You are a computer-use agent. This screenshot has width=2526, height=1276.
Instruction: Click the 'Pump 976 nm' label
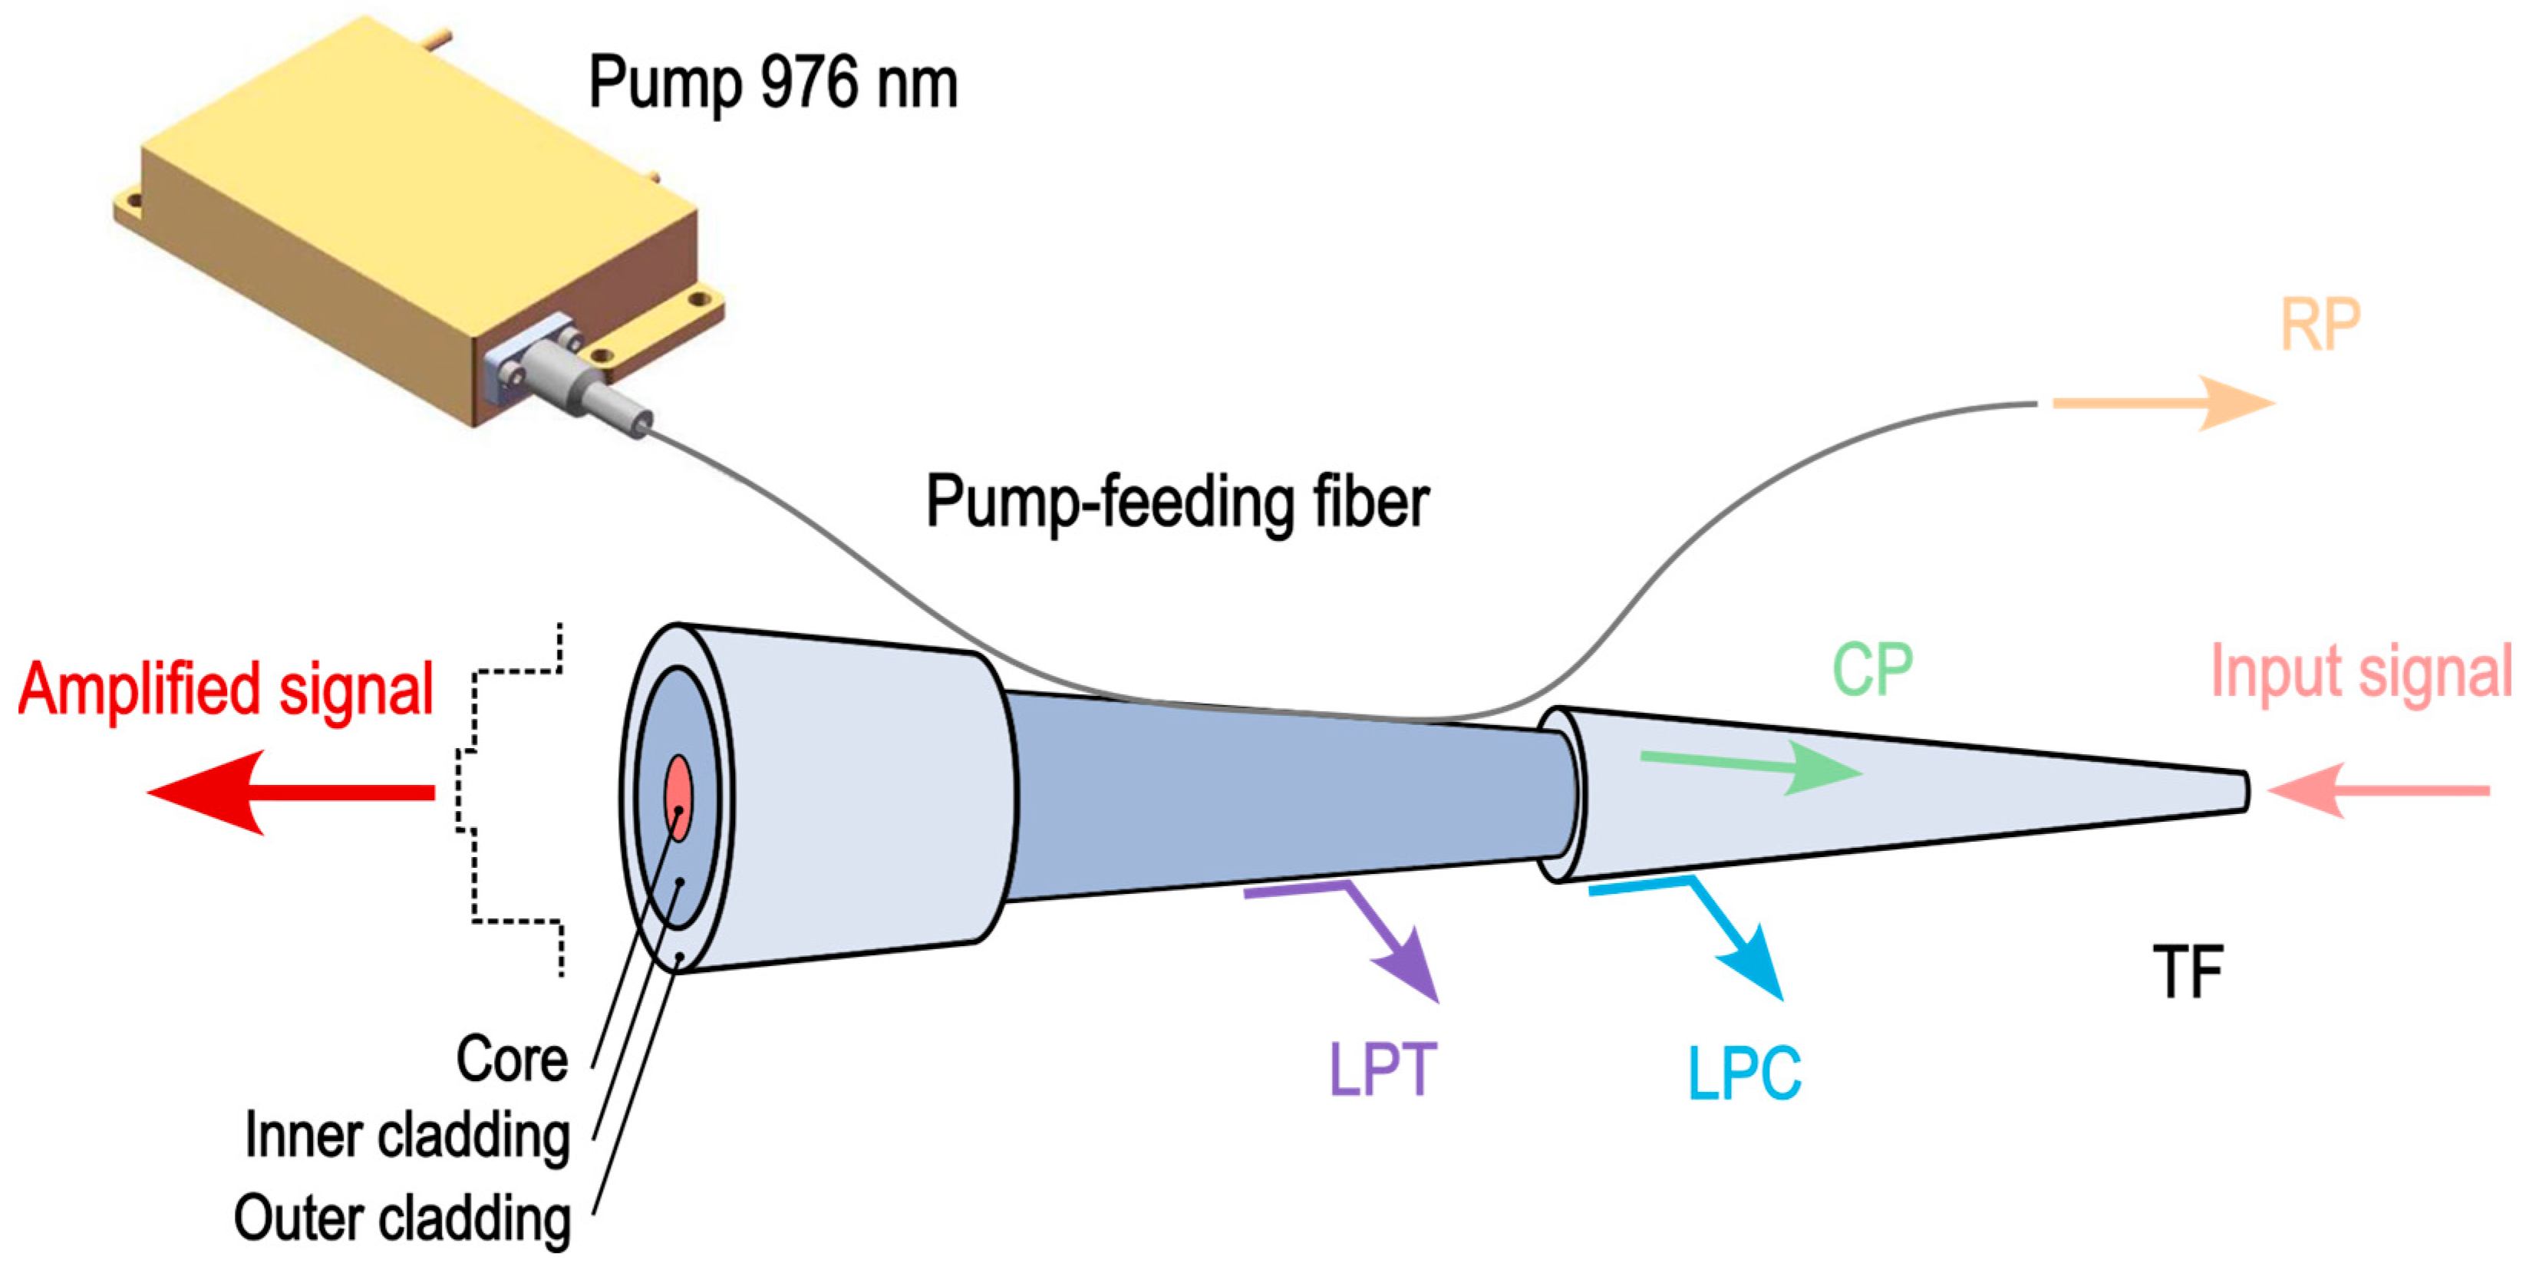click(773, 84)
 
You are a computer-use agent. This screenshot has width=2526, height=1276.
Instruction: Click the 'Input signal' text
click(2361, 672)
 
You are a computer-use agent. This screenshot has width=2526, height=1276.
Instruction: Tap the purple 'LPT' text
click(1382, 1069)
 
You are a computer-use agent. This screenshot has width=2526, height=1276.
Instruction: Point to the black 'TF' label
click(2188, 972)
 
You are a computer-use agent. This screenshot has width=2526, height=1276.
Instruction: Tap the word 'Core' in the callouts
click(512, 1060)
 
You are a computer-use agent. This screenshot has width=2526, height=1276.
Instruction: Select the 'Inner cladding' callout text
click(407, 1136)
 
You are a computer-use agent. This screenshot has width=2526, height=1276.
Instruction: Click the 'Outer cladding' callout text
click(402, 1218)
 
